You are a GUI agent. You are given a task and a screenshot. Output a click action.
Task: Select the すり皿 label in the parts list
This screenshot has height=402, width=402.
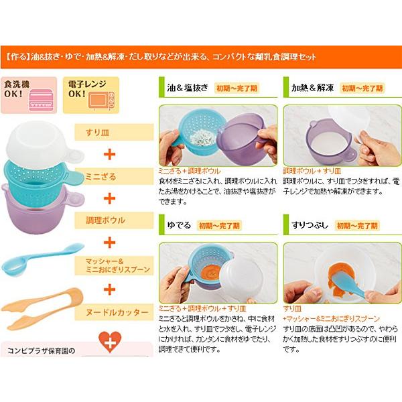(x=96, y=133)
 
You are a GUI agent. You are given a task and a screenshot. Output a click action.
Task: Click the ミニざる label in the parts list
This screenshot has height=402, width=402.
(x=100, y=176)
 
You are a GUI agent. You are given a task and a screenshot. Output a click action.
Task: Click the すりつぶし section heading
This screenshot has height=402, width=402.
(x=306, y=225)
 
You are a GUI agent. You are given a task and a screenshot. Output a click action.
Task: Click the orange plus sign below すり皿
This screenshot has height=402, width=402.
(x=111, y=154)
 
